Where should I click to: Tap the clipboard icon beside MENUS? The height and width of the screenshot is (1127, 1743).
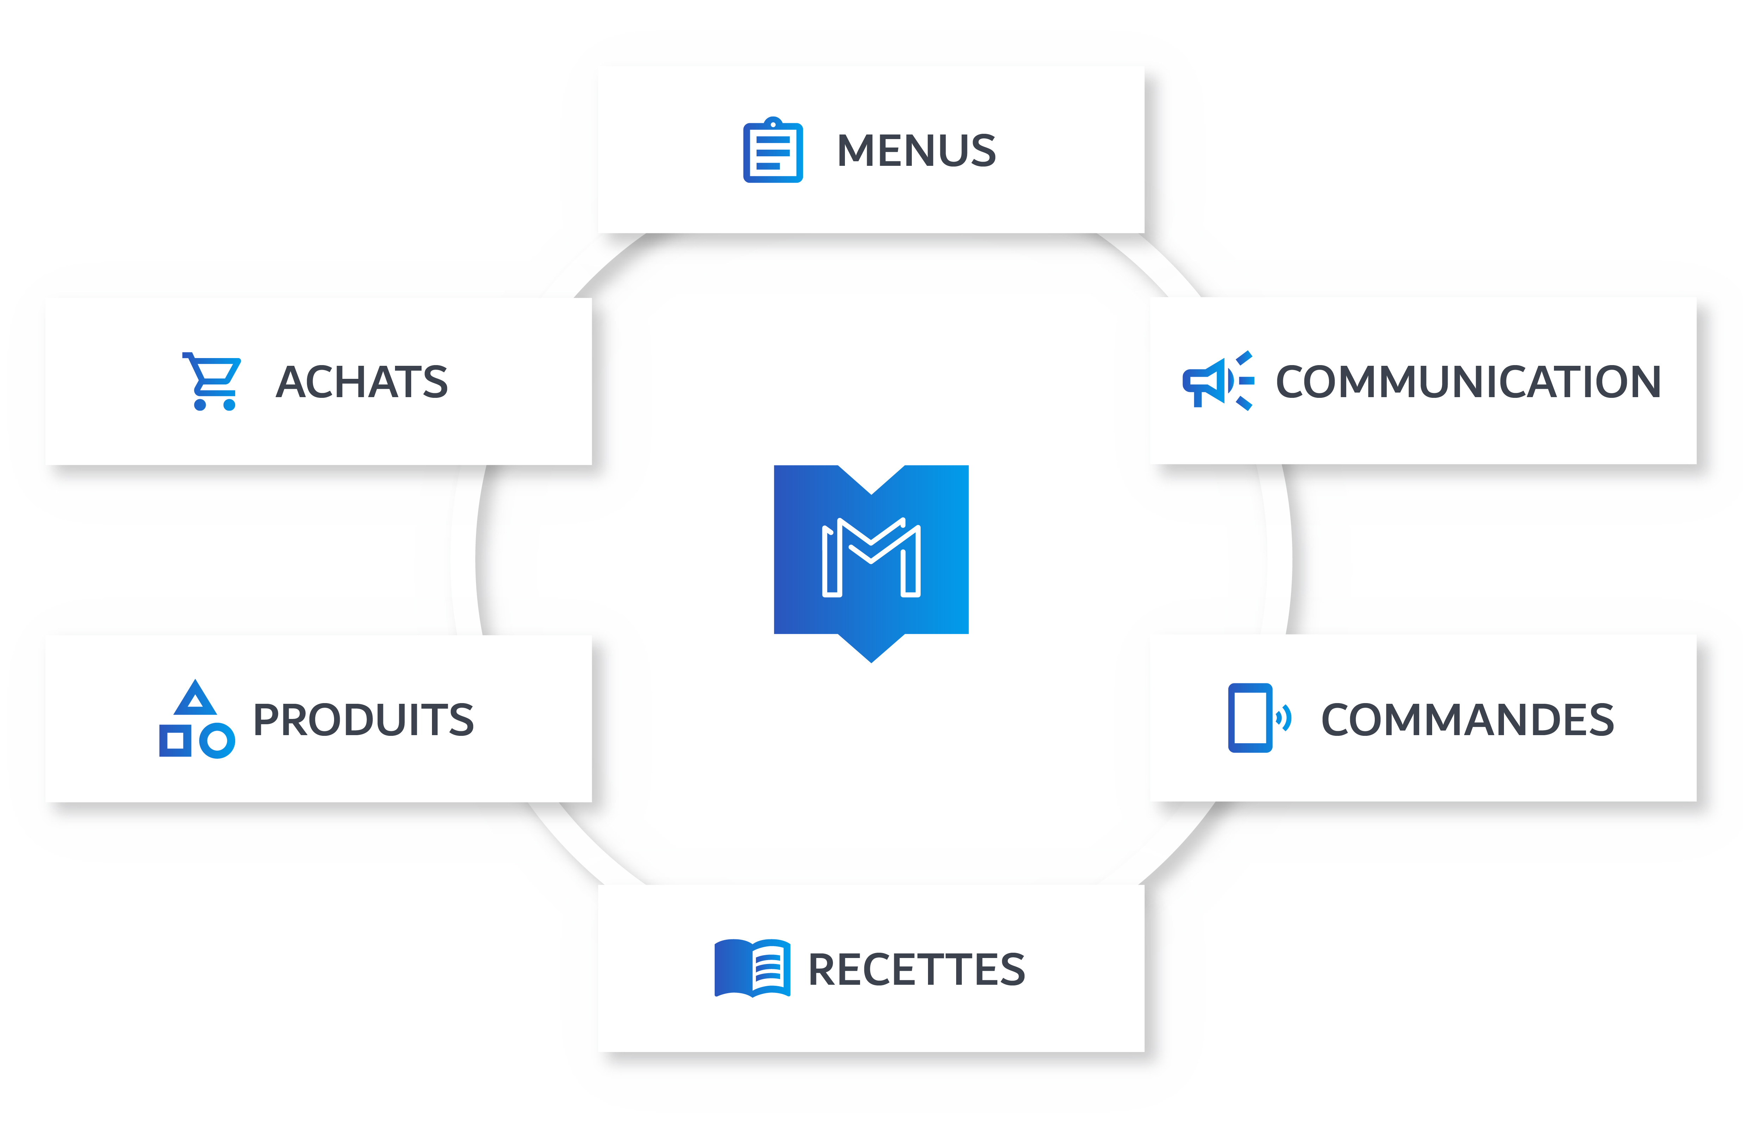(x=773, y=151)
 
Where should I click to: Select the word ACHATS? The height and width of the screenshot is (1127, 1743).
(x=362, y=382)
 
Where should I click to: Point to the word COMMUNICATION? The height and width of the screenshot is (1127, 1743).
(x=1468, y=382)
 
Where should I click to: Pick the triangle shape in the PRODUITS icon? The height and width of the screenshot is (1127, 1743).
(x=195, y=699)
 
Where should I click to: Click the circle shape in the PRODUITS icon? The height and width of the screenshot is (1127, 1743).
(x=217, y=741)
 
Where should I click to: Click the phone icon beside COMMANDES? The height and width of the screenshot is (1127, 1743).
(x=1250, y=718)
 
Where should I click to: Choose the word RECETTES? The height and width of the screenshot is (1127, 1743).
(x=916, y=970)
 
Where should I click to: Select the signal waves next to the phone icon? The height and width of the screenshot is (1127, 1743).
(x=1284, y=718)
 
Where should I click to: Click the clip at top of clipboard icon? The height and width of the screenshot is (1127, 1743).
(x=773, y=123)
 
